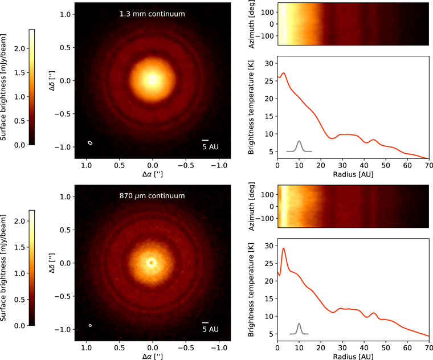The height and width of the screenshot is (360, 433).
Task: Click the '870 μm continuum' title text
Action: (152, 196)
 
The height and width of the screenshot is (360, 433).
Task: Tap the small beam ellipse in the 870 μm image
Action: (90, 325)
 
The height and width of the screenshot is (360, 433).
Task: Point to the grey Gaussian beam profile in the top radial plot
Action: (299, 146)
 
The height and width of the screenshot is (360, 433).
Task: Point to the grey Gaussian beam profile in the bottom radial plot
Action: (299, 328)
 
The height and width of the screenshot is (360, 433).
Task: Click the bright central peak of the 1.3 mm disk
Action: (152, 80)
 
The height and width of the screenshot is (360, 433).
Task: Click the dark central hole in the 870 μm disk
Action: (152, 263)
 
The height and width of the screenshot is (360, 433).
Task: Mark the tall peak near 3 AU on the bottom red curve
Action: (284, 248)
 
